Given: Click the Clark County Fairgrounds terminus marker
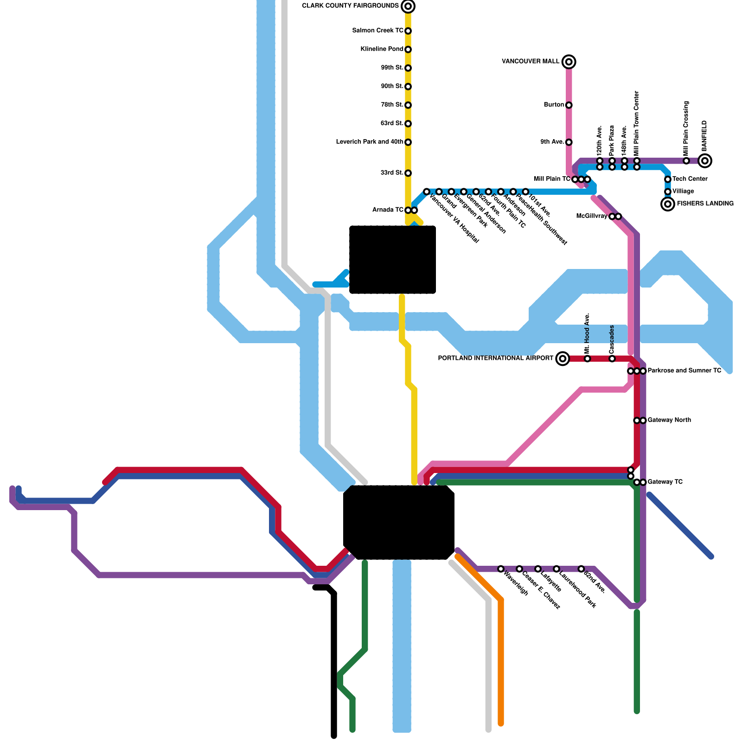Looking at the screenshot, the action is (x=408, y=6).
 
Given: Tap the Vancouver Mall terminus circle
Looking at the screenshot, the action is (x=569, y=62).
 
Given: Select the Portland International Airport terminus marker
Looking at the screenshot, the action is (x=563, y=358).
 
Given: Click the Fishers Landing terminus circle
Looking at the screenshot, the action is (x=668, y=204).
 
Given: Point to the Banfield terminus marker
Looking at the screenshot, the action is (x=705, y=161).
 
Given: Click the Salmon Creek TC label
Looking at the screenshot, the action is (x=377, y=31).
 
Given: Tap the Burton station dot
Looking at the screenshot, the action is (x=569, y=105).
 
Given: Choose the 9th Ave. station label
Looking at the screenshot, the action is (x=552, y=142).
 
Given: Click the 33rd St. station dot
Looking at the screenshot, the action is (x=408, y=173).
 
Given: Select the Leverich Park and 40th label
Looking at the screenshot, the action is (x=370, y=142).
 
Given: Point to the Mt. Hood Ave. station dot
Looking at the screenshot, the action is (x=588, y=358).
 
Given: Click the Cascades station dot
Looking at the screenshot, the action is (x=612, y=358).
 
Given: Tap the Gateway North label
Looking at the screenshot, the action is (x=669, y=420).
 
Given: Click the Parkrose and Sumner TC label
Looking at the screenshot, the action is (x=684, y=371).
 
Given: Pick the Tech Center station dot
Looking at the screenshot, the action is (x=668, y=179).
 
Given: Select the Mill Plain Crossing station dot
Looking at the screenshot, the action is (x=686, y=161).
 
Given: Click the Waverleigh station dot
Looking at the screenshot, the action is (x=501, y=569).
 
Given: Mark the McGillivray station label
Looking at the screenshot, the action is (x=592, y=216).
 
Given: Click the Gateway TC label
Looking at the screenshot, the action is (x=665, y=482).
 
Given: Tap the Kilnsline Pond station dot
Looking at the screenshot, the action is (x=408, y=50).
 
